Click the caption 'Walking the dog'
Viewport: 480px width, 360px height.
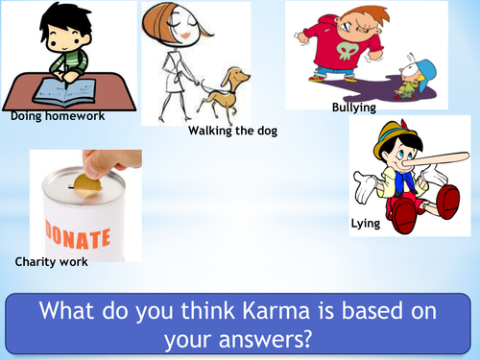(x=232, y=131)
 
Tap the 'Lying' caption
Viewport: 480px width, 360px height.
(x=367, y=223)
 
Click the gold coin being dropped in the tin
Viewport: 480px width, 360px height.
(x=86, y=187)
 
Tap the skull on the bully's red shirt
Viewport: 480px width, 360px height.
(x=344, y=48)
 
